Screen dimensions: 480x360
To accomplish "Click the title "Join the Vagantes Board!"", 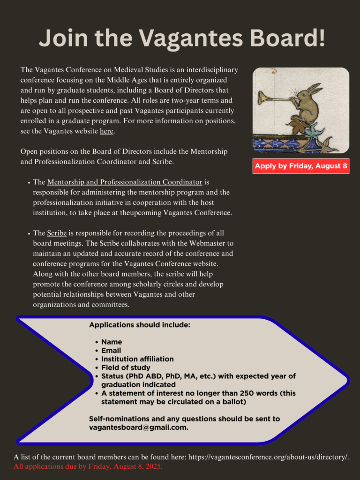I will pyautogui.click(x=182, y=37).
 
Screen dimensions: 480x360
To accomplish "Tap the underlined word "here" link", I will pyautogui.click(x=106, y=131).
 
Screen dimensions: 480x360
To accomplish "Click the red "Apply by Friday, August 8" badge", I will pyautogui.click(x=301, y=166).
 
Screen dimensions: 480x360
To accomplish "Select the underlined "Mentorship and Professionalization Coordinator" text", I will pyautogui.click(x=125, y=182).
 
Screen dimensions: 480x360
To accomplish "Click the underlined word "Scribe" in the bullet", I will pyautogui.click(x=57, y=233).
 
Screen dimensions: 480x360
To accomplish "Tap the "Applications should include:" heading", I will pyautogui.click(x=140, y=325).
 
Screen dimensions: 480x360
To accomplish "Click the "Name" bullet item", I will pyautogui.click(x=112, y=342).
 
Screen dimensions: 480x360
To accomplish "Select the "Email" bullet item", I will pyautogui.click(x=111, y=350).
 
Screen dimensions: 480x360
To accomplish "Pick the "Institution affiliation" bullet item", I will pyautogui.click(x=137, y=359).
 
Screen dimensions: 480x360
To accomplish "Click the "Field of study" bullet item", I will pyautogui.click(x=126, y=367).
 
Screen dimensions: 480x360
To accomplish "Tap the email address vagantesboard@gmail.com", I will pyautogui.click(x=138, y=427).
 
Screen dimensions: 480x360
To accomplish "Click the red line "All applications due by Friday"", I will pyautogui.click(x=88, y=467).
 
